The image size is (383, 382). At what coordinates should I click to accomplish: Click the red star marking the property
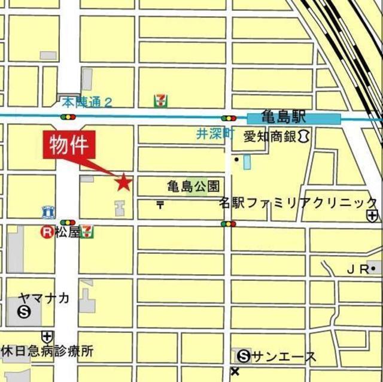click(123, 181)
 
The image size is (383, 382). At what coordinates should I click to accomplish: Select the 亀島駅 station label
click(284, 117)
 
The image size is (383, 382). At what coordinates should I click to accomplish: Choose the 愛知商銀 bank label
click(270, 137)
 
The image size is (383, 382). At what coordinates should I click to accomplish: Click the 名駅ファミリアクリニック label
click(298, 202)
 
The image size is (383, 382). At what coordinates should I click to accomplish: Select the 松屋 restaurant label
click(67, 232)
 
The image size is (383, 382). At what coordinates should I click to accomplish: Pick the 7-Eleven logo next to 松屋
click(87, 231)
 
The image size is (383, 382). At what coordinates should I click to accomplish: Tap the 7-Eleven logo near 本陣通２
click(160, 101)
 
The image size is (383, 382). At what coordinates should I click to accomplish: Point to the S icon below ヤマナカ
click(25, 311)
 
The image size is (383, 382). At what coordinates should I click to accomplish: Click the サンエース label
click(283, 357)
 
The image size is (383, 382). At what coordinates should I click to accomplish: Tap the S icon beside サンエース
click(244, 357)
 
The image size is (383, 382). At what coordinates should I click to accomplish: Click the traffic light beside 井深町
click(228, 119)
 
